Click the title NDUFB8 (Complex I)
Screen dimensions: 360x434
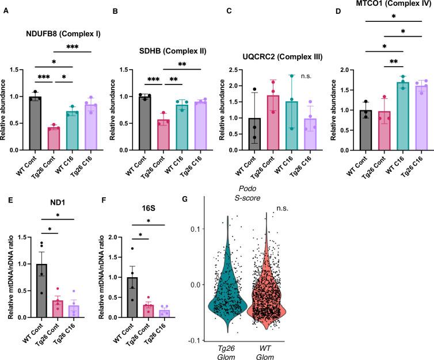62,33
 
